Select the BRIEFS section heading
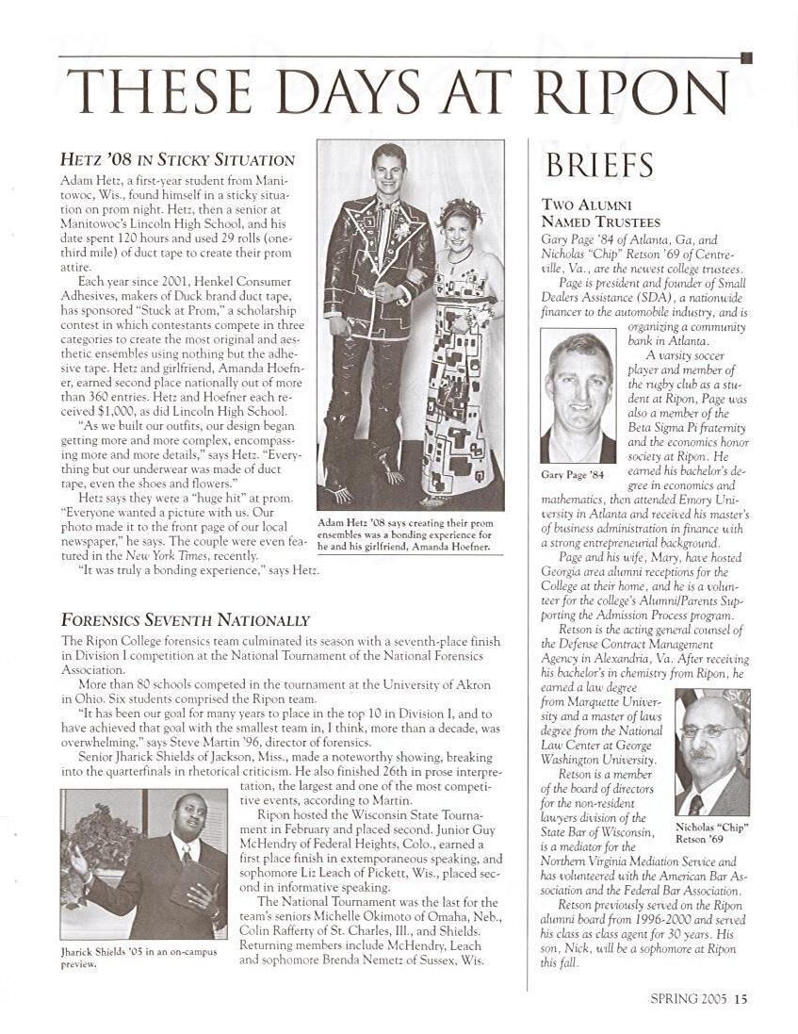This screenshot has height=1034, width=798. [x=599, y=165]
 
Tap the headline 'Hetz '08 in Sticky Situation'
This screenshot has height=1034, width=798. [x=178, y=159]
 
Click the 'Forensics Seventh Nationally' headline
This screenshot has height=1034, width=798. [x=186, y=619]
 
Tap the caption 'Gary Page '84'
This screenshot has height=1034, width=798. [x=571, y=473]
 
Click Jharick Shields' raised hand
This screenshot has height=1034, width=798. [x=79, y=859]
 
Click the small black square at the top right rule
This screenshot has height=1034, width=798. [x=746, y=58]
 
